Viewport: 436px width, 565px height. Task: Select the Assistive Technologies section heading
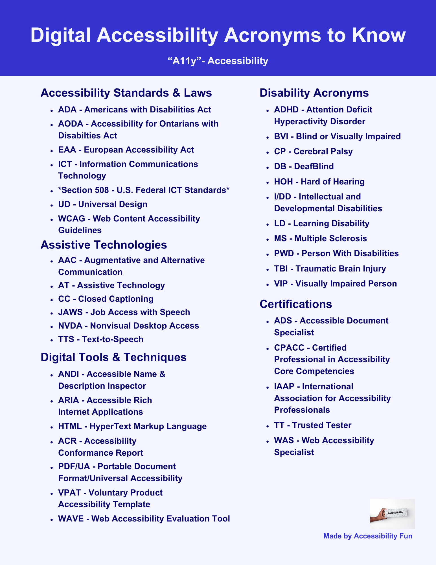104,245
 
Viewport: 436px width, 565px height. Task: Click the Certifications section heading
295,304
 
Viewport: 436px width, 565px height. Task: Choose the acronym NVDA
70,326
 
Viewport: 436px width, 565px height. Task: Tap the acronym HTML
70,426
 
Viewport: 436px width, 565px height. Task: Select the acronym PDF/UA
74,466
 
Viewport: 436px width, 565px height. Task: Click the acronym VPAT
69,493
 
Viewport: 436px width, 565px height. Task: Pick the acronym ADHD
286,110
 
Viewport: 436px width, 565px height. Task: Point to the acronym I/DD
282,197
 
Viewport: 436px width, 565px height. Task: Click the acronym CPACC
289,348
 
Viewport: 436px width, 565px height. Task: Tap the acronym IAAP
284,386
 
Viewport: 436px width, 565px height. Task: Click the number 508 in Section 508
102,190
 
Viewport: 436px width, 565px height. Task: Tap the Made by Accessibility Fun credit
367,536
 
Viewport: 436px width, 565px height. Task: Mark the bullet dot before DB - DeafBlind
267,167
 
